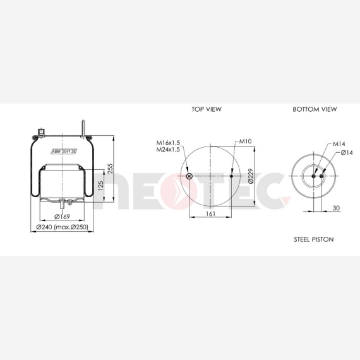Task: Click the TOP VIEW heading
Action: coord(207,109)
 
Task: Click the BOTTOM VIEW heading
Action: coord(315,109)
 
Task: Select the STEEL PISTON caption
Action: coord(314,239)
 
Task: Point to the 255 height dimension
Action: coord(111,169)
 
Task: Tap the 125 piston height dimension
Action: coord(100,186)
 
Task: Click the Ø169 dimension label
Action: coord(62,217)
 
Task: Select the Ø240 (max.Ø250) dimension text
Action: coord(63,227)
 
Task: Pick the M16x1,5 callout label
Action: coord(168,143)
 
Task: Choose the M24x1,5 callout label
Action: coord(168,150)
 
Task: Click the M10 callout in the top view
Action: coord(246,141)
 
